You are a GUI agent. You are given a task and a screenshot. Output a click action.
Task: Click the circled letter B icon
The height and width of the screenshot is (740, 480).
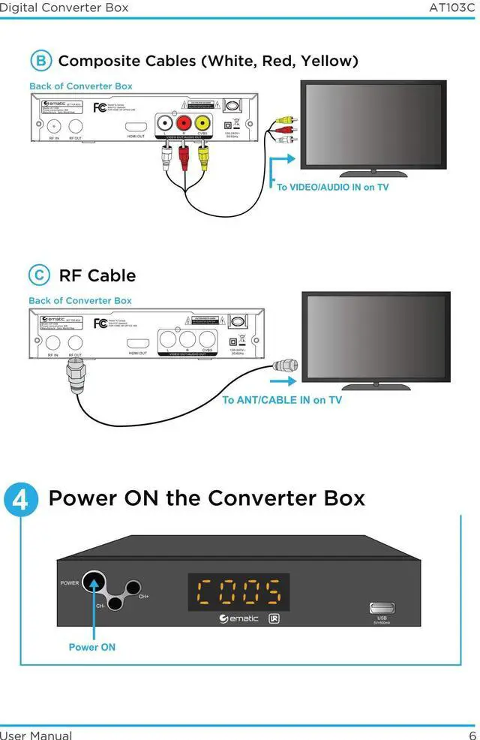tap(40, 61)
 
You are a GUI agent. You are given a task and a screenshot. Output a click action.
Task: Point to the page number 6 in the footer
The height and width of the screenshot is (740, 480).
tap(472, 735)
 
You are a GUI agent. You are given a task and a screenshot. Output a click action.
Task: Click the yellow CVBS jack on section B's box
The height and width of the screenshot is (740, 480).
tap(202, 123)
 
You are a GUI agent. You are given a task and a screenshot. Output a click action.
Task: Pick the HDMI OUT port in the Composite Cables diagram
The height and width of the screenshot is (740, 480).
tap(135, 127)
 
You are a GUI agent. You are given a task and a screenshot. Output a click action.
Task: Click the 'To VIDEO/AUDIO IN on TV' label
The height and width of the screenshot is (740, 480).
tap(332, 187)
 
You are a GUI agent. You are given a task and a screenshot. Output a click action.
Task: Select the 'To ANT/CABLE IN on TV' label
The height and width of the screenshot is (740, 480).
tap(281, 400)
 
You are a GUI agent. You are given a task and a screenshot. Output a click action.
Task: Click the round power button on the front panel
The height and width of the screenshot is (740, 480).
tap(94, 582)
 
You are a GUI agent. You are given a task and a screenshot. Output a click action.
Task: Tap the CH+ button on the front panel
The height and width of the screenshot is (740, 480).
tap(133, 588)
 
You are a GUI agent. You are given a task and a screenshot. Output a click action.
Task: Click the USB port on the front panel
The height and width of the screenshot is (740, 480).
tap(382, 608)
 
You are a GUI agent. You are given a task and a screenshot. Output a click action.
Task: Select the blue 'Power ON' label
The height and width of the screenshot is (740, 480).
tap(91, 647)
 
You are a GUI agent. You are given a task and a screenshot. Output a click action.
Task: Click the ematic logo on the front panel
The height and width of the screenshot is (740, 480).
tap(238, 619)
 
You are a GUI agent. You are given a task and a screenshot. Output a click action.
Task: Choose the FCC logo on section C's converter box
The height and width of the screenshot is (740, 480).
tap(99, 323)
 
